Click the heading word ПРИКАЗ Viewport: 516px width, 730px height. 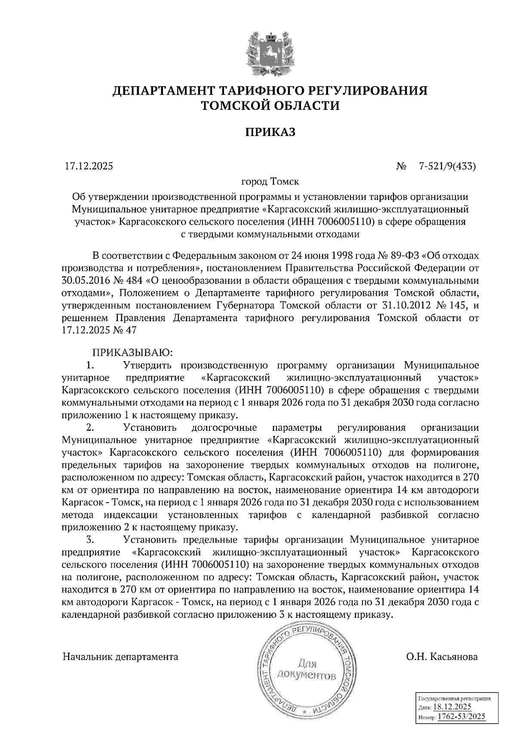pos(270,132)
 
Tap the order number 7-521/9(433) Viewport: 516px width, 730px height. pos(447,166)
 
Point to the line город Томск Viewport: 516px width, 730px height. pos(270,181)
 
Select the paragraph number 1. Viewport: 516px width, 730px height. pos(90,366)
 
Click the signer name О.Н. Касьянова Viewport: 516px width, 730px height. pos(442,656)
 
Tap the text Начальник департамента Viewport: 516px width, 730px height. pos(120,656)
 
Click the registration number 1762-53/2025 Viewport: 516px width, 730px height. pos(461,716)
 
